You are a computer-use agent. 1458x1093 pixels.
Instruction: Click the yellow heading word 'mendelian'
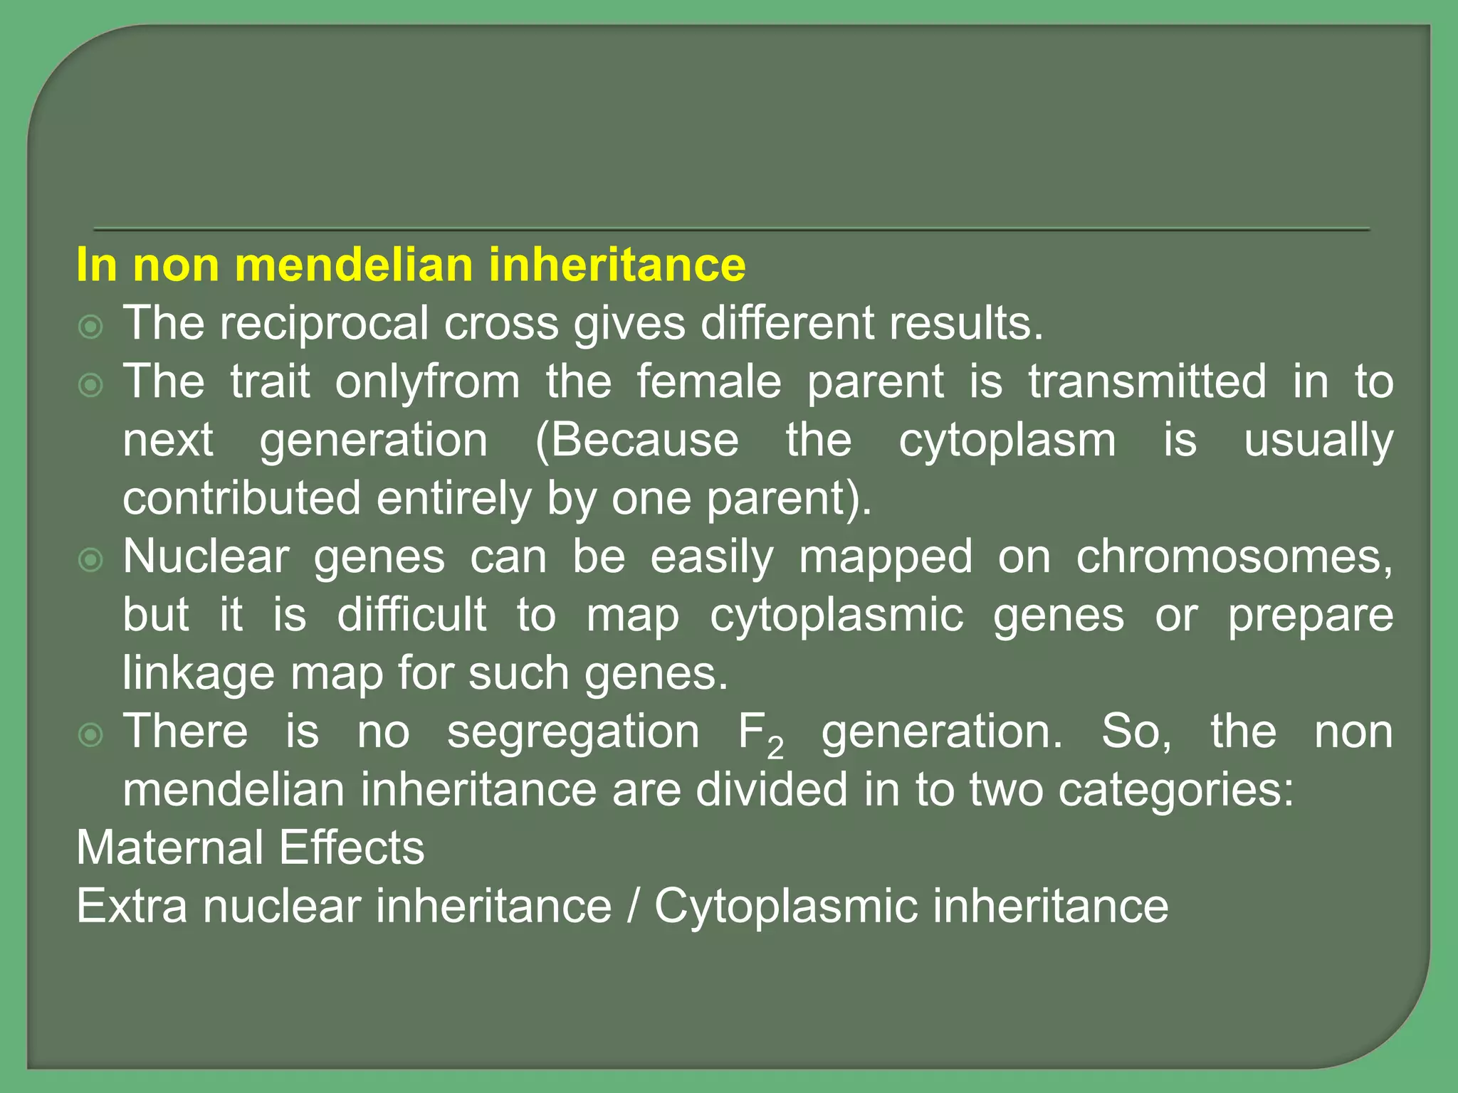(x=353, y=265)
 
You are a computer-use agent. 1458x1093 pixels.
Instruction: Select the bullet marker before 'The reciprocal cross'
(x=91, y=327)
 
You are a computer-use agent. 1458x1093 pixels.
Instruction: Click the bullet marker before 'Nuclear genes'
(x=91, y=560)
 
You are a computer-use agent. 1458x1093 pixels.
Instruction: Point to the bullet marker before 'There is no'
(x=91, y=735)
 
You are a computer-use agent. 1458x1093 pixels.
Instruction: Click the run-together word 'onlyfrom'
(x=428, y=382)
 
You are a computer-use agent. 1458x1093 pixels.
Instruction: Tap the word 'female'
(x=708, y=382)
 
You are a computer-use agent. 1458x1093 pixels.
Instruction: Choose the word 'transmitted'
(x=1148, y=382)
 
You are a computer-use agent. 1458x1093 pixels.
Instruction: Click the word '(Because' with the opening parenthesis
(x=637, y=440)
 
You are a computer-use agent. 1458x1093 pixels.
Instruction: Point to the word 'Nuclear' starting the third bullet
(x=206, y=557)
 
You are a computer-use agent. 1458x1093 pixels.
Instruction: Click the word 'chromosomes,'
(x=1234, y=557)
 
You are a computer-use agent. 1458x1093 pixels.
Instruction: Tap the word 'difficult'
(x=411, y=615)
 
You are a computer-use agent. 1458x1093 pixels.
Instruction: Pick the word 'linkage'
(x=198, y=675)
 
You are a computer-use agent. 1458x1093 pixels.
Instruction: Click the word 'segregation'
(x=573, y=733)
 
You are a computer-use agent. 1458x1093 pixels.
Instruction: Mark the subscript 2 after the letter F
(x=775, y=748)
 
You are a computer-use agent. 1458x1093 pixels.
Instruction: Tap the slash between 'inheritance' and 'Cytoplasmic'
(x=633, y=907)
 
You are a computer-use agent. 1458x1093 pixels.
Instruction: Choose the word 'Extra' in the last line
(x=132, y=907)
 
